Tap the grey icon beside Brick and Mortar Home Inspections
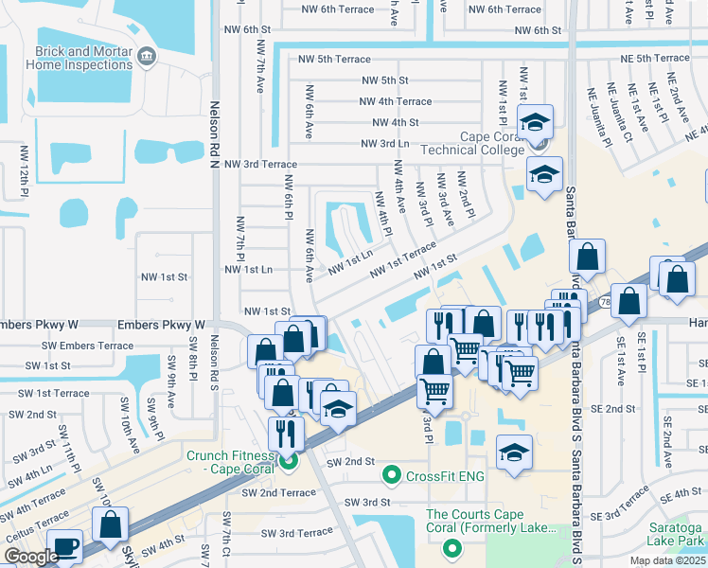(x=146, y=57)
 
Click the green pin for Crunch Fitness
(x=289, y=461)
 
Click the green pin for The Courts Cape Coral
(x=452, y=547)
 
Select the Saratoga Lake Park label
(x=676, y=535)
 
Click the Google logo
(x=31, y=557)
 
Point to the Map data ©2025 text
(x=666, y=560)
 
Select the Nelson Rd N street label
(x=215, y=133)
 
